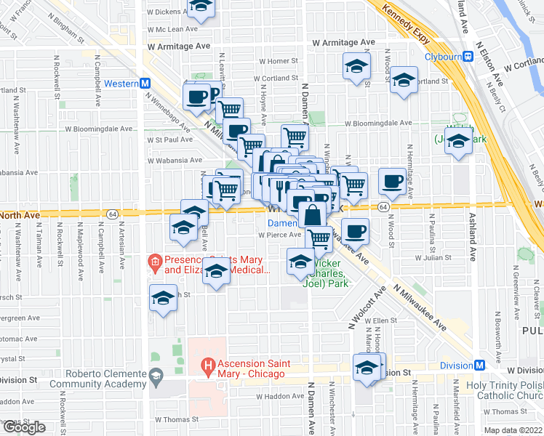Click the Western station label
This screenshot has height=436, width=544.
click(121, 84)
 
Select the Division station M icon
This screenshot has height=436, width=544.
click(479, 365)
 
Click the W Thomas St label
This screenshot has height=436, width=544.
click(177, 419)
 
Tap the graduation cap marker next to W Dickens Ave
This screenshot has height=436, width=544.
click(201, 6)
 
